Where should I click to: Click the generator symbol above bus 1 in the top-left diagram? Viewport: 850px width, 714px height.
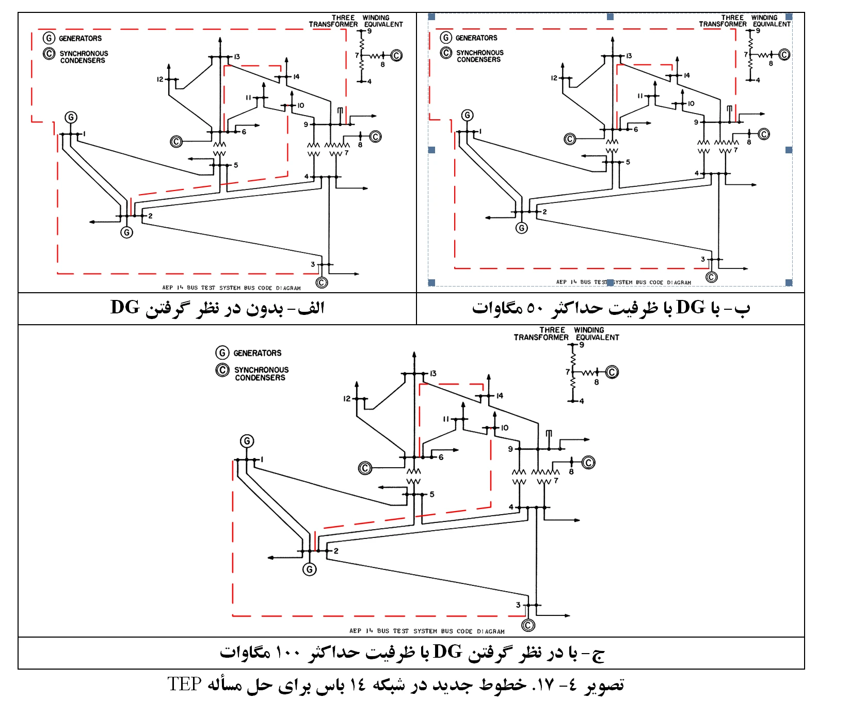(x=71, y=118)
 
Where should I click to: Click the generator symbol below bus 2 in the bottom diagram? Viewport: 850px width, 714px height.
(x=310, y=569)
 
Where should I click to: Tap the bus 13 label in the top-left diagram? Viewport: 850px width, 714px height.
(x=237, y=57)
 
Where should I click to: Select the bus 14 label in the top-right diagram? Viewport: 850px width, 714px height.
(x=686, y=75)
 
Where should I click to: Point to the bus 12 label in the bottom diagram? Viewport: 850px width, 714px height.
(x=347, y=399)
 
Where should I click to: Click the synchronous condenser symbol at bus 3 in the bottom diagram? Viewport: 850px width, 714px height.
(x=528, y=625)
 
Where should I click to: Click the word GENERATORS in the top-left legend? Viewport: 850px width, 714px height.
(x=80, y=39)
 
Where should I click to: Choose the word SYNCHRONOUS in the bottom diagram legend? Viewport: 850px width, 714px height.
(x=261, y=370)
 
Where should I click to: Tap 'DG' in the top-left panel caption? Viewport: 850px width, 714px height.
(x=125, y=307)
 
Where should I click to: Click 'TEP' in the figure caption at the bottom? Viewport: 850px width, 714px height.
(x=184, y=684)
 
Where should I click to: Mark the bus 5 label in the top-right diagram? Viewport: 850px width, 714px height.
(x=628, y=162)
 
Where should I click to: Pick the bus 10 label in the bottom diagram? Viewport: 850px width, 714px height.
(x=504, y=428)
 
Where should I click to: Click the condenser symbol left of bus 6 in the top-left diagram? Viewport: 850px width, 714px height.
(x=176, y=141)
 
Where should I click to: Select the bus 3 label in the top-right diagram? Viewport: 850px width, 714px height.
(x=702, y=259)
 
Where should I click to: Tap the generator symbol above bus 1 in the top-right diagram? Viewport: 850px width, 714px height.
(x=467, y=115)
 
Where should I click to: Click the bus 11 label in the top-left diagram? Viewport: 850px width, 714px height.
(x=248, y=98)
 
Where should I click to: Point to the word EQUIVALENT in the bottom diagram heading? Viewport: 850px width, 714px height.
(x=597, y=338)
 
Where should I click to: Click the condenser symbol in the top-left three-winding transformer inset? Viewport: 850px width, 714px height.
(x=396, y=56)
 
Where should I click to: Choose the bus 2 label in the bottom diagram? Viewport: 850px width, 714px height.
(x=336, y=551)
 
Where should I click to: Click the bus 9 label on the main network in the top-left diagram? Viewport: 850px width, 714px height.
(x=306, y=124)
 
